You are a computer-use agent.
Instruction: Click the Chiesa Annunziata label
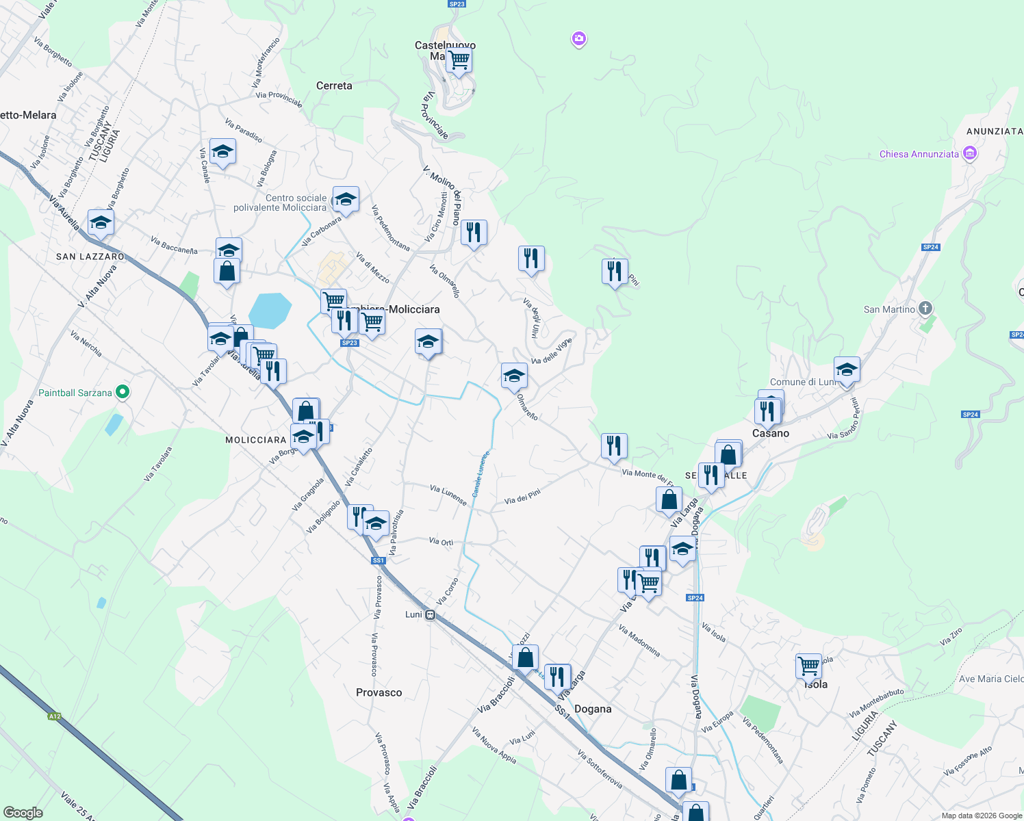[x=919, y=154]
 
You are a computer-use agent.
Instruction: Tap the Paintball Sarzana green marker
[x=123, y=392]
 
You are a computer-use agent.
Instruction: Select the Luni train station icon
[x=430, y=614]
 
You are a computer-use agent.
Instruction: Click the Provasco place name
[x=379, y=692]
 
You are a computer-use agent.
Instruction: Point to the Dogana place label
[x=593, y=709]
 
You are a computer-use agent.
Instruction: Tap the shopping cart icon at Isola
[x=808, y=664]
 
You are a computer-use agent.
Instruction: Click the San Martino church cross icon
[x=925, y=309]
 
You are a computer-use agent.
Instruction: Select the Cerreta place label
[x=334, y=86]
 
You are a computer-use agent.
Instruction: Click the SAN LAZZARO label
[x=90, y=257]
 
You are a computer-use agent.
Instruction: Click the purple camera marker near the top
[x=579, y=39]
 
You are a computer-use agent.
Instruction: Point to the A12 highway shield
[x=55, y=716]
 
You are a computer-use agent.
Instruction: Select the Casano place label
[x=771, y=433]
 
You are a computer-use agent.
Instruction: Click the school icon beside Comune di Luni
[x=846, y=369]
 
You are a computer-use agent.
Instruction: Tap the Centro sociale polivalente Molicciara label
[x=280, y=203]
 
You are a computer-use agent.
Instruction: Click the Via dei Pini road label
[x=522, y=496]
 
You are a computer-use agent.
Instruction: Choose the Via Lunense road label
[x=448, y=495]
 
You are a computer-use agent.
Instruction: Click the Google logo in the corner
[x=23, y=813]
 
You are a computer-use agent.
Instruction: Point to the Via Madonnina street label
[x=639, y=641]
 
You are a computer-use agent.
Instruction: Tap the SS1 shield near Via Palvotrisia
[x=379, y=560]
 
